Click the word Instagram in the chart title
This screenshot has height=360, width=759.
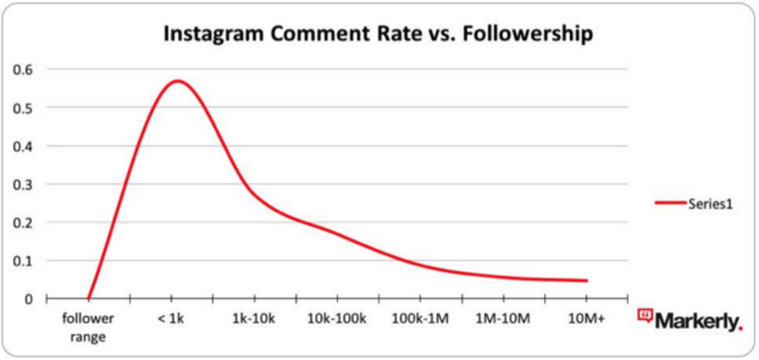214,35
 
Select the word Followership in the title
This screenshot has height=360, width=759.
528,34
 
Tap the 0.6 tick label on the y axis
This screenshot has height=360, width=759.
23,70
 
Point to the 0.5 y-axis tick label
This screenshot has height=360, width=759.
23,109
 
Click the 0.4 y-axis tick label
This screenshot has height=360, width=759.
23,147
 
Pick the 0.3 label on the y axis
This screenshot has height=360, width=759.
23,185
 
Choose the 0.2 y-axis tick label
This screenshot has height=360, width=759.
23,223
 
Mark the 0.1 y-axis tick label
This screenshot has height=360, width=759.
23,261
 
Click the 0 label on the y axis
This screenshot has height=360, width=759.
29,300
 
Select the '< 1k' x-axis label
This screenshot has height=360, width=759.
171,319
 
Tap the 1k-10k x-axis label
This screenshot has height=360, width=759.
254,319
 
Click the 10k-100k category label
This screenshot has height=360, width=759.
337,319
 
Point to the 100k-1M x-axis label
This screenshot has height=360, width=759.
420,319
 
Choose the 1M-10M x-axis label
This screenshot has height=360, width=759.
503,319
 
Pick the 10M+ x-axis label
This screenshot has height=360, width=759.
586,319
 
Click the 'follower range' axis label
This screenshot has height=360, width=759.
88,328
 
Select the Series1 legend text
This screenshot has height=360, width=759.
711,204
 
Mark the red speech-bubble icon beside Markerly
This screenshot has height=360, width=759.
645,315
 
